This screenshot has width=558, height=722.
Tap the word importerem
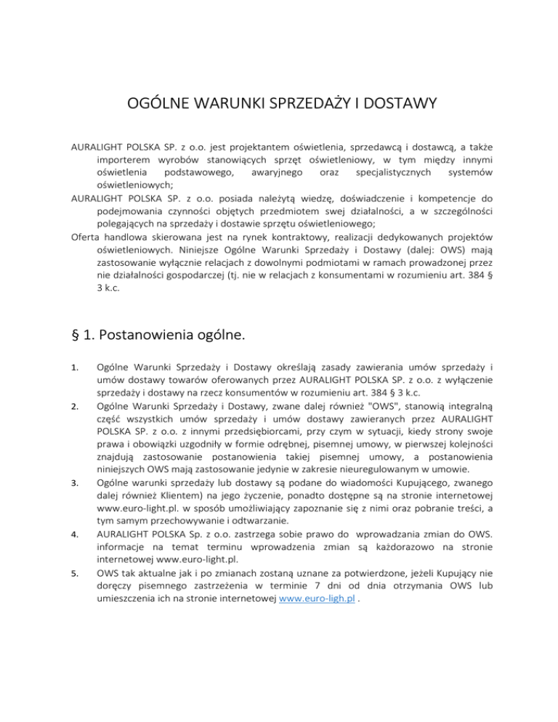pyautogui.click(x=124, y=159)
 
